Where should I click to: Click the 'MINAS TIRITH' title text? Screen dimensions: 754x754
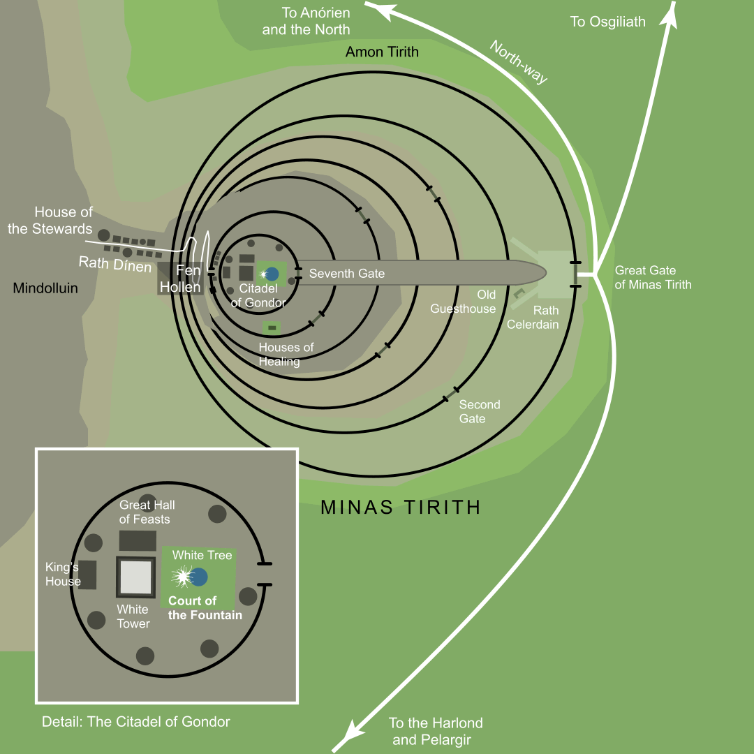[401, 508]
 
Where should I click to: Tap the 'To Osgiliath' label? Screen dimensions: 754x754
[607, 22]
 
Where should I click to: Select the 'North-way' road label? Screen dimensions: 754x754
[519, 61]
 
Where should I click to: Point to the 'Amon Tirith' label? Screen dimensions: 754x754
[382, 52]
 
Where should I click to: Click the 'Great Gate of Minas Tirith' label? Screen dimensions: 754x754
[653, 277]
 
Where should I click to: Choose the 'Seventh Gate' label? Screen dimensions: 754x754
[347, 274]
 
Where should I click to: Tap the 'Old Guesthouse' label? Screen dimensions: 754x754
[463, 302]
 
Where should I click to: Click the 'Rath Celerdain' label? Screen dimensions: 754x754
[533, 317]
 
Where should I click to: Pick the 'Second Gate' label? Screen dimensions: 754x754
[479, 411]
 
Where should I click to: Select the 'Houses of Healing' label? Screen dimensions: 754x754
[286, 354]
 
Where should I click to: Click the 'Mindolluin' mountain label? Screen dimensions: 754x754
[45, 288]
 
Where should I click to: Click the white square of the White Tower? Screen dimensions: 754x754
[135, 577]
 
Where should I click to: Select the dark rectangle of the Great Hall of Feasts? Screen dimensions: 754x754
[138, 540]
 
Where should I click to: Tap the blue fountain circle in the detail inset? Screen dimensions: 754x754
[199, 577]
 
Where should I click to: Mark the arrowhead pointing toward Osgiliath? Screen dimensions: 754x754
[672, 15]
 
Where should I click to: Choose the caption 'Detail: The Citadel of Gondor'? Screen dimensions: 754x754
[135, 722]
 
